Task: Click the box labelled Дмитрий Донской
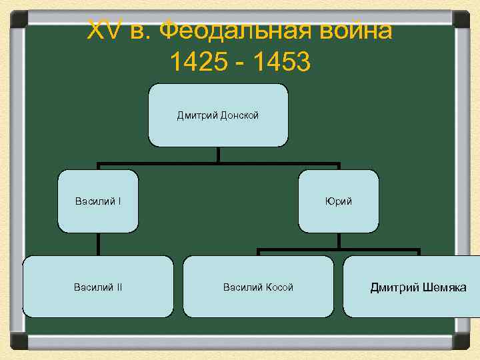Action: click(x=218, y=115)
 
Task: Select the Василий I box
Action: click(x=98, y=201)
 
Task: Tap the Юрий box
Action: click(x=339, y=201)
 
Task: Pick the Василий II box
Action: click(x=98, y=287)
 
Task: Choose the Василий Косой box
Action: click(x=258, y=287)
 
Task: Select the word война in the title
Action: click(x=355, y=30)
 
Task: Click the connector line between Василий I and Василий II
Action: click(x=98, y=244)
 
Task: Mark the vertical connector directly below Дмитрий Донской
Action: click(x=218, y=155)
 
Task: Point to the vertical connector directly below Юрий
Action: click(x=339, y=241)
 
